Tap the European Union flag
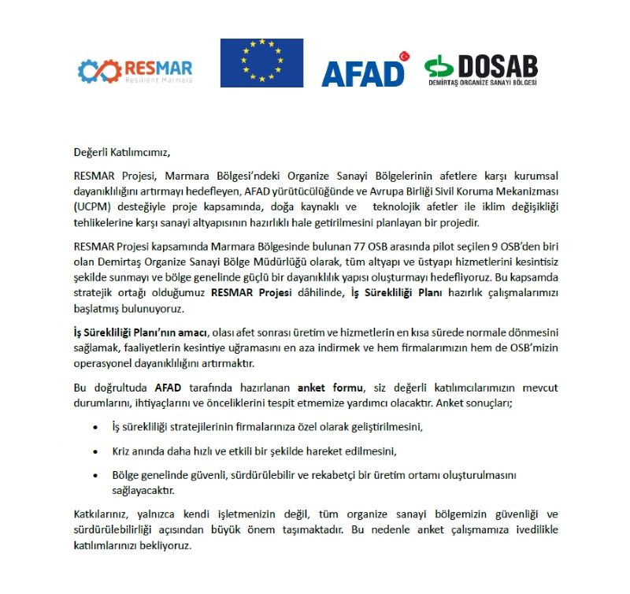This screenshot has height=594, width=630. pyautogui.click(x=261, y=63)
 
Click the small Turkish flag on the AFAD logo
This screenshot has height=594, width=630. pyautogui.click(x=406, y=56)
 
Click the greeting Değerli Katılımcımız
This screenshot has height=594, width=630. pyautogui.click(x=121, y=152)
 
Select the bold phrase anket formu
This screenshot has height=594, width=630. pyautogui.click(x=331, y=388)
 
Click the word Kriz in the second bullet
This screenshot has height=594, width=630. pyautogui.click(x=123, y=451)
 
